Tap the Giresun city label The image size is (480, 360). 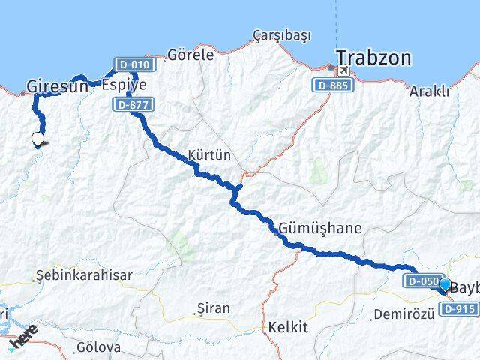52,86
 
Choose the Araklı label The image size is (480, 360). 430,91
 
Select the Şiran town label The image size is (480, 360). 212,307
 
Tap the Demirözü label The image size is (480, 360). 403,313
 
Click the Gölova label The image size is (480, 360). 98,347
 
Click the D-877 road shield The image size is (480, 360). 132,106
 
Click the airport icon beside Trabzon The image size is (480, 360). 343,70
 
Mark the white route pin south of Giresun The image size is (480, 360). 37,138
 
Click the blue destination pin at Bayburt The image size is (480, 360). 445,285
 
